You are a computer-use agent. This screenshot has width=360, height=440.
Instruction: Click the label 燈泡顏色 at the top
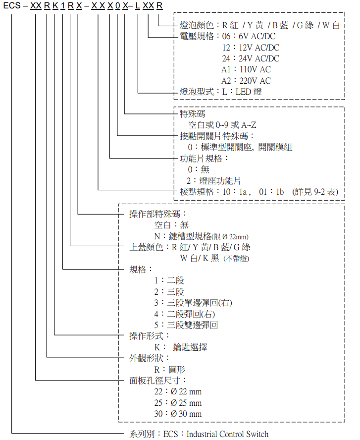197,25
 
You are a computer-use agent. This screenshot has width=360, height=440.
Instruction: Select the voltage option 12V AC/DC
259,48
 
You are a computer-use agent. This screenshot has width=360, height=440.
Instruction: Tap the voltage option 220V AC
255,81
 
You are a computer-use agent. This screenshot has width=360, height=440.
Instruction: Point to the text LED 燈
249,92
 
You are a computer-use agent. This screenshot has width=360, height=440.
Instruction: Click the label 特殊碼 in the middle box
192,113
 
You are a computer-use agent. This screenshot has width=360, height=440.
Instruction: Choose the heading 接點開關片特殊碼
214,136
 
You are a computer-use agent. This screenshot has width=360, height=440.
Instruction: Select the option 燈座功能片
220,181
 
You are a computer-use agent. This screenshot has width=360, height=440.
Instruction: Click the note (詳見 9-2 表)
315,192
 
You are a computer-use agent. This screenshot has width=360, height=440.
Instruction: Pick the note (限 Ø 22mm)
230,237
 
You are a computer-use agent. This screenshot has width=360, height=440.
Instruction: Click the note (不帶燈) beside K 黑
236,259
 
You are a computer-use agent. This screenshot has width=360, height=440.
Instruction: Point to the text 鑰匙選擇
190,347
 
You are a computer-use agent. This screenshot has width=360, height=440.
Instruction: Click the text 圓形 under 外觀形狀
177,370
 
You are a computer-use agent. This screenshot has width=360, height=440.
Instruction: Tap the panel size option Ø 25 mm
186,403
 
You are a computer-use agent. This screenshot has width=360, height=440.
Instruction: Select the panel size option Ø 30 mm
186,414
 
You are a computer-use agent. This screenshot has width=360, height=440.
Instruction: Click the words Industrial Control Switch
227,434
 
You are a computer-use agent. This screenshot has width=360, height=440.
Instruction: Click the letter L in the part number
138,5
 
